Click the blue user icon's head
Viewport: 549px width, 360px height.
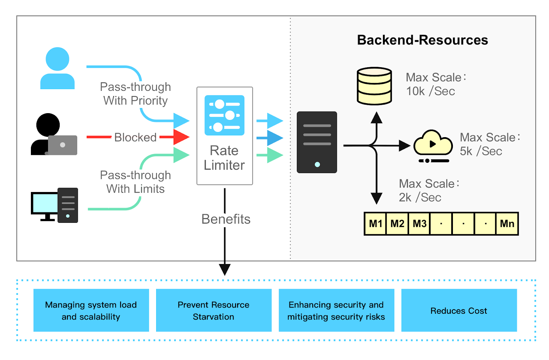(57, 59)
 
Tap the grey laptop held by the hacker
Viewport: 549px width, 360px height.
(62, 145)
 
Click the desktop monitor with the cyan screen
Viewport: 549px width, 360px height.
(45, 203)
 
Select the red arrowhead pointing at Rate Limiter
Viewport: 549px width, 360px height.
(180, 137)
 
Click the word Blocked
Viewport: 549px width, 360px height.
(135, 137)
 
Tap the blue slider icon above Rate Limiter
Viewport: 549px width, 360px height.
(224, 115)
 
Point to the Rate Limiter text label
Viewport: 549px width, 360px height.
(224, 158)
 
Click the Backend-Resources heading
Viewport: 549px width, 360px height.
(422, 40)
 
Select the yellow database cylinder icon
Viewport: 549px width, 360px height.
(374, 86)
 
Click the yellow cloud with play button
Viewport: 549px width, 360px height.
(433, 144)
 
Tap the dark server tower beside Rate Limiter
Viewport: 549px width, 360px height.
(317, 142)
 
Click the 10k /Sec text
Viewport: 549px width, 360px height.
(430, 91)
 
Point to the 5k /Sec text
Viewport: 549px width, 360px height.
(480, 151)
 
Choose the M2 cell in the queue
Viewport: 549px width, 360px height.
(397, 224)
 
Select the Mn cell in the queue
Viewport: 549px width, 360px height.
(507, 224)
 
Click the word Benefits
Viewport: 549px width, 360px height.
(226, 219)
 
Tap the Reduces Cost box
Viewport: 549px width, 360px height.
(459, 310)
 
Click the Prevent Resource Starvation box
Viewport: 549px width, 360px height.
(213, 310)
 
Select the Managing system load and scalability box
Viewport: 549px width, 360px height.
(91, 310)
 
